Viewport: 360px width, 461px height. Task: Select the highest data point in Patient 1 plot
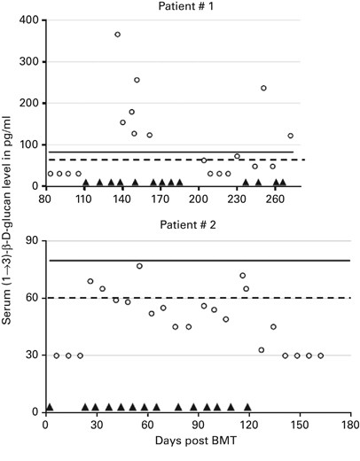pyautogui.click(x=118, y=35)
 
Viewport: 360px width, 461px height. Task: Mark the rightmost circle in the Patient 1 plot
pyautogui.click(x=290, y=136)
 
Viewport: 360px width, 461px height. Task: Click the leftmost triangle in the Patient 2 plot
pyautogui.click(x=50, y=407)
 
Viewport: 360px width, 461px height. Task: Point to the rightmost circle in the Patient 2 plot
pyautogui.click(x=321, y=356)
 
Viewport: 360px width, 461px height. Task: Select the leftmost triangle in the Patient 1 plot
pyautogui.click(x=85, y=183)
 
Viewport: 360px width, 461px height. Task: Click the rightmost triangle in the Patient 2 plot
pyautogui.click(x=247, y=407)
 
